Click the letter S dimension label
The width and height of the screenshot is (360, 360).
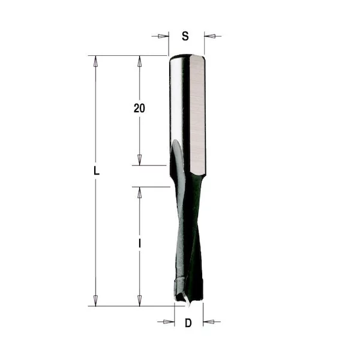tap(185, 36)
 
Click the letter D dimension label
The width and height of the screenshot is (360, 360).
tap(188, 323)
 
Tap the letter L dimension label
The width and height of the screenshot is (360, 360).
tap(97, 171)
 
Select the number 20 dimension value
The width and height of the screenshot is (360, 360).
tap(139, 108)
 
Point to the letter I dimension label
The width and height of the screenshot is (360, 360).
tap(140, 243)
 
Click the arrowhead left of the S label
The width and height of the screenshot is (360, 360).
tap(164, 36)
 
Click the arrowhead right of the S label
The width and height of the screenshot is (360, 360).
tap(210, 36)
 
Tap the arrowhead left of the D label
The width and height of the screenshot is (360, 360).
tap(169, 322)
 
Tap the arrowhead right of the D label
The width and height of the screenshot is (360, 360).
tap(209, 322)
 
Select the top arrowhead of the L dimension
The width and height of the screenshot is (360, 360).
tap(95, 62)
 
